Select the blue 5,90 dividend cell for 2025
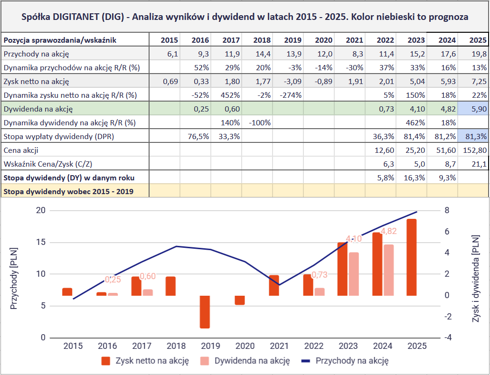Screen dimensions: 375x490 tap(473, 109)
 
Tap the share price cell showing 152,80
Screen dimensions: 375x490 tap(473, 150)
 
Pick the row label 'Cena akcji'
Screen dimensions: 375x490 tap(21, 150)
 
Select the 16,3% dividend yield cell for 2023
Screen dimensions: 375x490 tap(411, 178)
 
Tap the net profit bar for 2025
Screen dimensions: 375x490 tap(411, 257)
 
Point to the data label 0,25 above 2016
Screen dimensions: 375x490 tap(113, 280)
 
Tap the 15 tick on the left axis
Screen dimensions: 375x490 tap(40, 242)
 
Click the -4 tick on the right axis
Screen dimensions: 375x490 tap(447, 337)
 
